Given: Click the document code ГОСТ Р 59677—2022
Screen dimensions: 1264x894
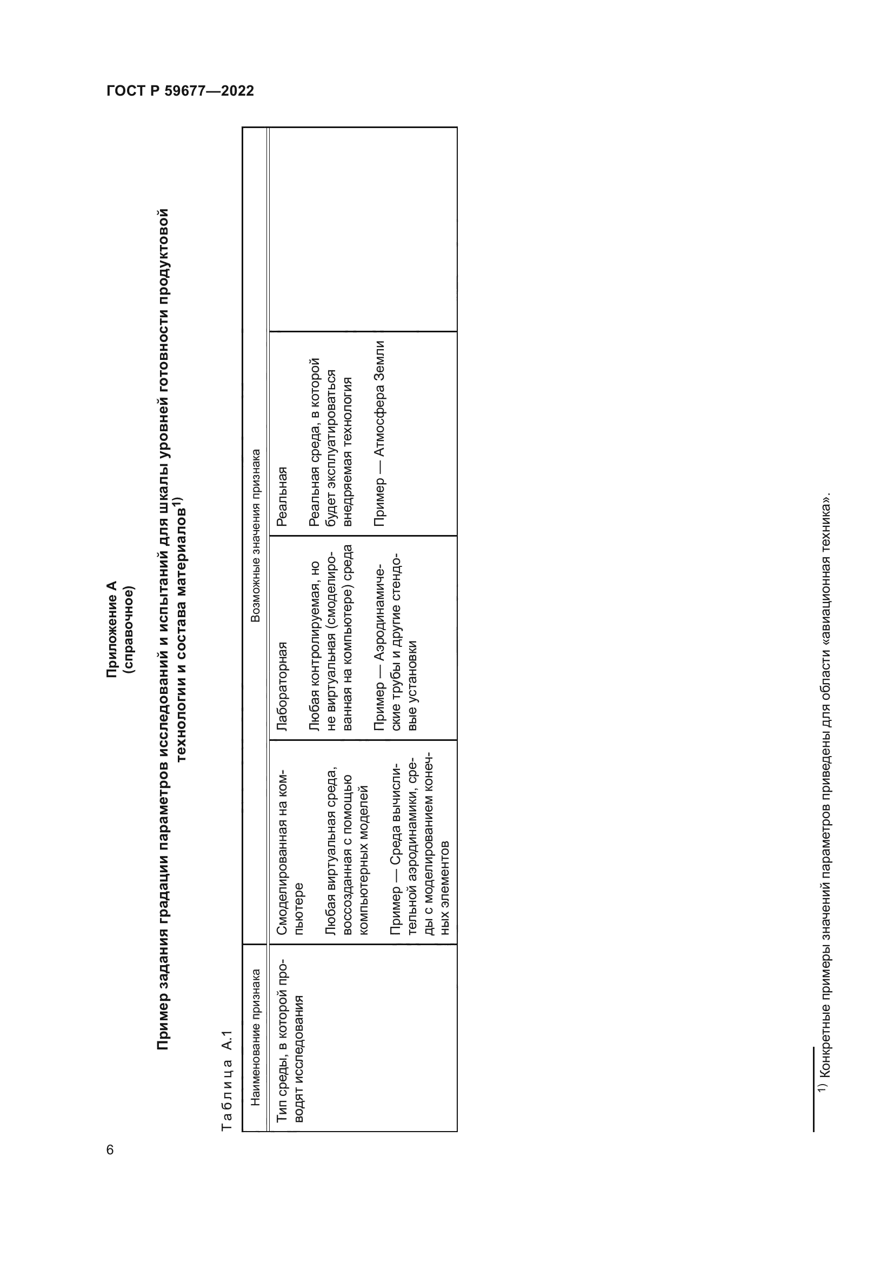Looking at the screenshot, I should (x=180, y=91).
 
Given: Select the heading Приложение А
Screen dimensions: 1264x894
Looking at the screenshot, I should (x=112, y=628).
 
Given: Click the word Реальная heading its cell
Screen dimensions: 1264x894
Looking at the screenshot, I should (x=282, y=496).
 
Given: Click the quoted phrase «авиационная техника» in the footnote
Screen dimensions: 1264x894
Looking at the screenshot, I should (x=826, y=551).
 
